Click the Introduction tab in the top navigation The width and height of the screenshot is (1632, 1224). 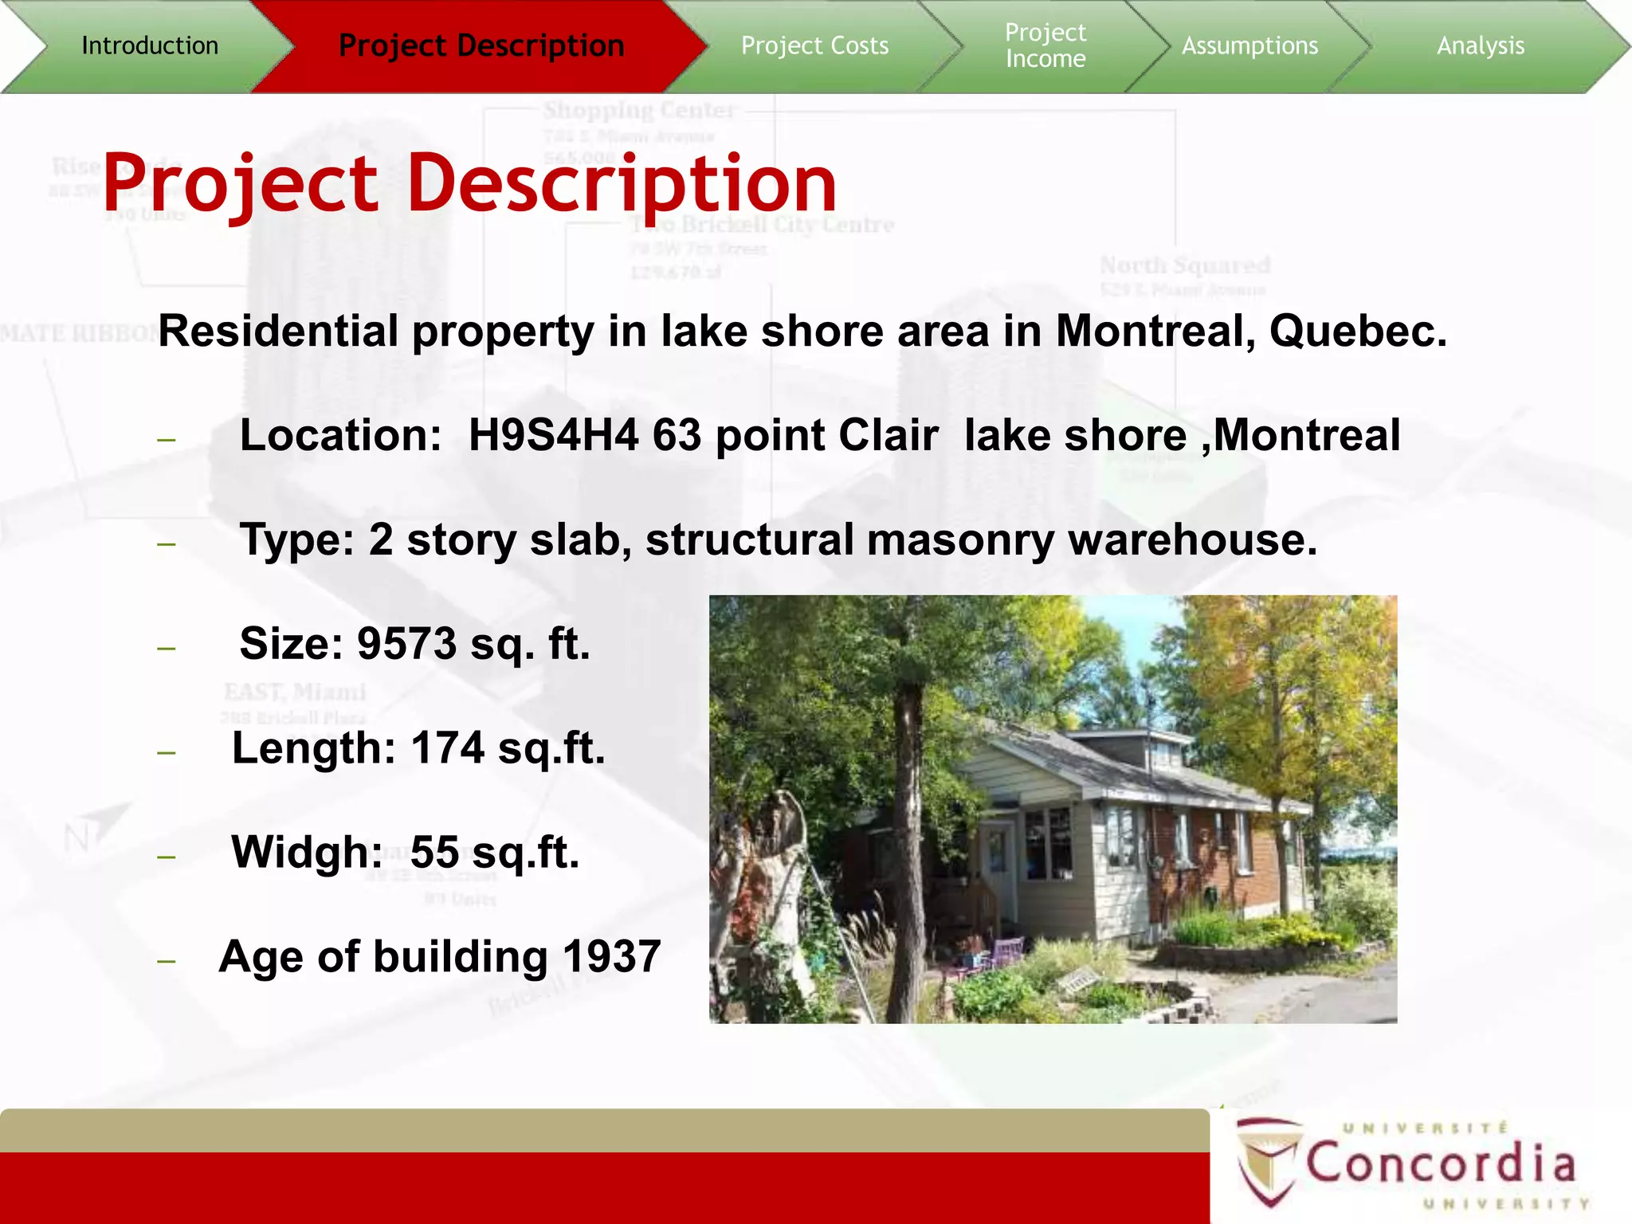(150, 45)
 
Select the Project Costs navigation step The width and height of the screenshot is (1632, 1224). (814, 45)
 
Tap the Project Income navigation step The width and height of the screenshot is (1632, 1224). (1045, 45)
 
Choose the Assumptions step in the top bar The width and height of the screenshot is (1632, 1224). (1249, 45)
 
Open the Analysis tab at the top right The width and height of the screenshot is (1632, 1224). (1481, 45)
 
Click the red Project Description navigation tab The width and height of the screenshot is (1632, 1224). (481, 45)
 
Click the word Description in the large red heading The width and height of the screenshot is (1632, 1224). (622, 183)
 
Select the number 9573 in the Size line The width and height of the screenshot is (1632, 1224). (406, 643)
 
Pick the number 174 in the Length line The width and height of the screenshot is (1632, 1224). (448, 748)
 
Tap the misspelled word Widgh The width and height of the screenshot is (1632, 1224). (307, 852)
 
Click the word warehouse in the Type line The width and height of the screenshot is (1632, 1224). (1192, 539)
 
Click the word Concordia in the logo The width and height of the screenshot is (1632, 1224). (1441, 1163)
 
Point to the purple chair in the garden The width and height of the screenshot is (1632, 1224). (1006, 952)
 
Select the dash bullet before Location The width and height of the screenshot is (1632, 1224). (167, 439)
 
